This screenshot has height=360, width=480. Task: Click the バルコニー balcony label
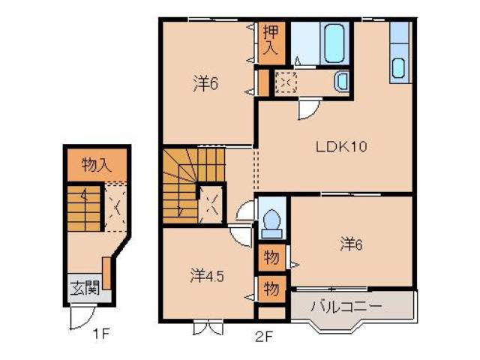[x=346, y=306]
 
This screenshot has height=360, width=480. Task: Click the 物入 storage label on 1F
[x=96, y=166]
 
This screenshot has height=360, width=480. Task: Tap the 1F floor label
[x=102, y=333]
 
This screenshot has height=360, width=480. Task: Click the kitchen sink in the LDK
[x=398, y=67]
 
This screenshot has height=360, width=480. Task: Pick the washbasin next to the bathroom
[x=341, y=81]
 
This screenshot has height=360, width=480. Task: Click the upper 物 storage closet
[x=271, y=258]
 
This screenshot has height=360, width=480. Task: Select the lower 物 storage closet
[x=271, y=288]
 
